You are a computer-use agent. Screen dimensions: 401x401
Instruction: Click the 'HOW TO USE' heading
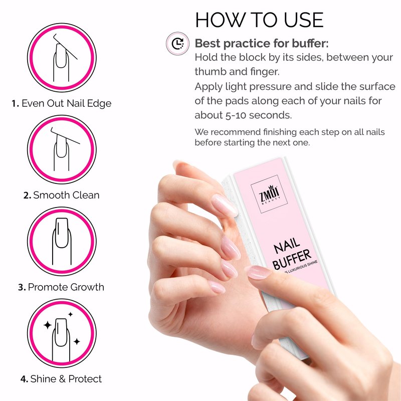[259, 20]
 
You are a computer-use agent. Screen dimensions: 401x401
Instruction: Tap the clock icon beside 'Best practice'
[177, 43]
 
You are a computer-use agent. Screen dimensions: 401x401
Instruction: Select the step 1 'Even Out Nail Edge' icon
[62, 57]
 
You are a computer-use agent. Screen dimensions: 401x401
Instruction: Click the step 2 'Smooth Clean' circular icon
[62, 149]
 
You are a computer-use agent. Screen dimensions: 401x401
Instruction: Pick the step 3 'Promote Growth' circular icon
[62, 241]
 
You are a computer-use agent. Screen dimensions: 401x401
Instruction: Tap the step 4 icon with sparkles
[62, 333]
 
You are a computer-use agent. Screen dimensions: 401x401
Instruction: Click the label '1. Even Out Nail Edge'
[61, 103]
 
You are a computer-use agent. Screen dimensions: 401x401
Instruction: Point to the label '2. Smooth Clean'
[61, 195]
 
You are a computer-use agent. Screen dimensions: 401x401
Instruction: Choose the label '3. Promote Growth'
[61, 287]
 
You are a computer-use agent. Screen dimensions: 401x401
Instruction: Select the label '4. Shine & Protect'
[61, 379]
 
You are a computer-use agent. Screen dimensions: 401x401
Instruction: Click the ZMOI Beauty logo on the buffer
[269, 194]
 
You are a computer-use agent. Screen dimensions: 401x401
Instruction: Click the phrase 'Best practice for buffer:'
[262, 43]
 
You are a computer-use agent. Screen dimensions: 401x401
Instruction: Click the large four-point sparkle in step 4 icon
[48, 325]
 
